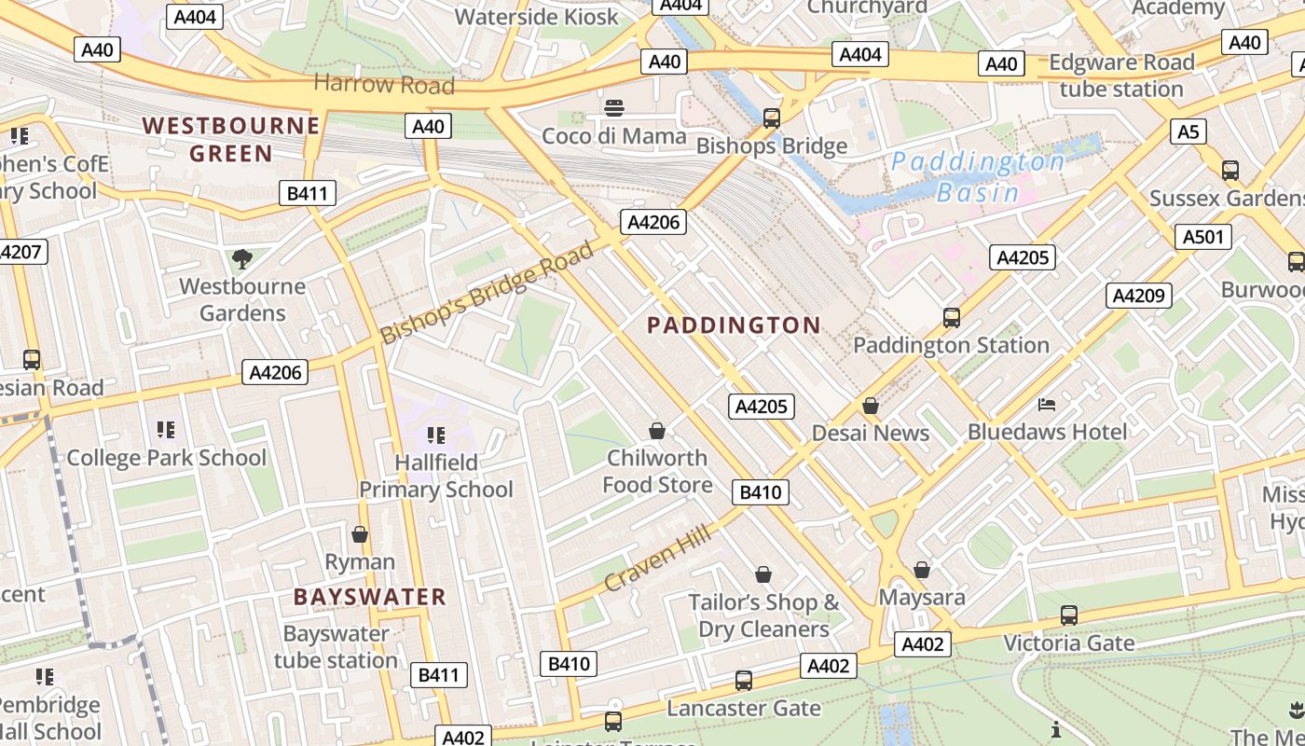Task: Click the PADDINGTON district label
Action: click(x=734, y=325)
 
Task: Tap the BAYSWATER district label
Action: click(x=370, y=597)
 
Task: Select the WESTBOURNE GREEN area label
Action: click(x=230, y=139)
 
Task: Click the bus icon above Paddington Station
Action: click(x=951, y=317)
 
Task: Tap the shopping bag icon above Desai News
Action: click(x=870, y=406)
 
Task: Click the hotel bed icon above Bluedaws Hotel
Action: click(x=1047, y=404)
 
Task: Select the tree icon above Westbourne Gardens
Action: click(x=242, y=258)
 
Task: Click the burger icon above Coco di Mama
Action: click(x=613, y=108)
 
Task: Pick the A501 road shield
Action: click(x=1202, y=237)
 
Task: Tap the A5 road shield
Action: click(x=1188, y=131)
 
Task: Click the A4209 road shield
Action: click(x=1139, y=296)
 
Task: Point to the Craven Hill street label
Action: click(x=657, y=558)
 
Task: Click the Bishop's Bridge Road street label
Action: click(x=487, y=292)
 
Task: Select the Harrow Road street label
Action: click(x=384, y=84)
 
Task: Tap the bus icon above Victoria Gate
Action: click(x=1068, y=615)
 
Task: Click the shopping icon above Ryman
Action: click(x=360, y=534)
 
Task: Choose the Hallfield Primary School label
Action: click(x=436, y=476)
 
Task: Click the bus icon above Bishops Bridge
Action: click(x=771, y=117)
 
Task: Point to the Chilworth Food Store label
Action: click(x=657, y=471)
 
